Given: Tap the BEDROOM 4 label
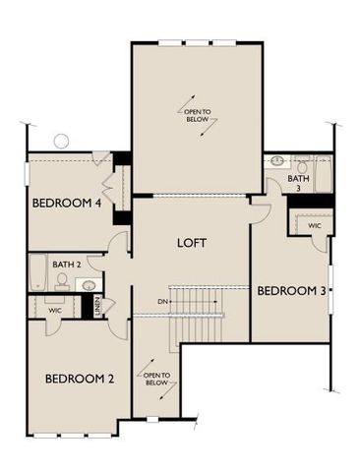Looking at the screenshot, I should point(68,204).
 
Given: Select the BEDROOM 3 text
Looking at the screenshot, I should point(291,291).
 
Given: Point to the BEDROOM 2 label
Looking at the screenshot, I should point(81,378).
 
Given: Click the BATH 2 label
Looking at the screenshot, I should point(67,265).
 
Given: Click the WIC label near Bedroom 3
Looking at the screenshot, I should point(314,226).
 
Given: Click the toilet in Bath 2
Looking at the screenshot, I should point(62,280).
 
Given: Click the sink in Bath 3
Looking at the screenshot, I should point(277,160).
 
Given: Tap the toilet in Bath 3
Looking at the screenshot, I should point(301,162).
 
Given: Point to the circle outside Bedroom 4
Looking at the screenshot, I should point(61,141).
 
